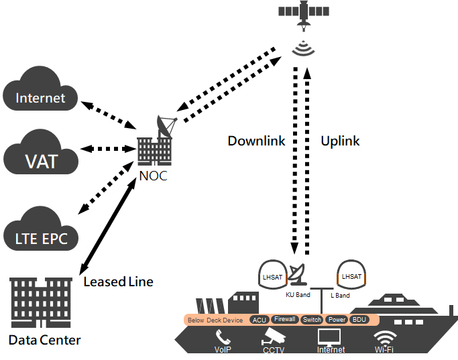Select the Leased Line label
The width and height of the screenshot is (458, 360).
pos(118,282)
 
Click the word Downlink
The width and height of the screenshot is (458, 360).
pos(256,141)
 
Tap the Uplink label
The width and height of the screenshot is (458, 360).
pos(340,141)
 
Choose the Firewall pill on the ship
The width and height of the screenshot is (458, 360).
pos(284,319)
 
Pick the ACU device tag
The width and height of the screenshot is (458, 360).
pos(259,320)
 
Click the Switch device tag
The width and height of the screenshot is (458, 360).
pos(312,320)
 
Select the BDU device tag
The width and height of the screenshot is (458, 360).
pos(359,320)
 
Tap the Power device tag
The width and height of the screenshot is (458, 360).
pos(337,320)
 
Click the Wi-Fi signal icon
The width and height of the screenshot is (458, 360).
pos(385,337)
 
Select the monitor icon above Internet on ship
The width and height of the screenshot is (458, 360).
pos(330,335)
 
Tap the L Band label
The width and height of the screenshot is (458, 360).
pos(341,295)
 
